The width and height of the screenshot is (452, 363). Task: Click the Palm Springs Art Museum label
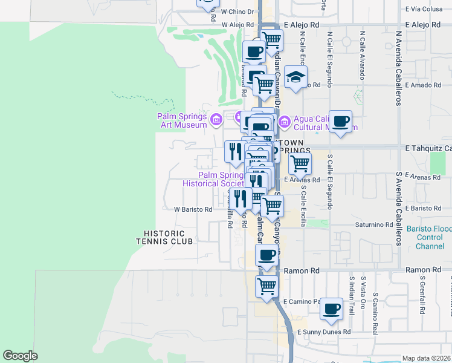pos(181,117)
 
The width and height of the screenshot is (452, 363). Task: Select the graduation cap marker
pos(295,77)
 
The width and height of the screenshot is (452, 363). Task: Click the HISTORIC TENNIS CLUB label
pos(168,237)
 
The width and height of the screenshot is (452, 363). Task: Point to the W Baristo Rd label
pos(193,209)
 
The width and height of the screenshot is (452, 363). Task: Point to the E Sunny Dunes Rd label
pos(324,332)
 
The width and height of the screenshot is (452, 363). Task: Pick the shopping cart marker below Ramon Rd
pos(266,286)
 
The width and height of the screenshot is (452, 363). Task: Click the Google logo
pos(21,355)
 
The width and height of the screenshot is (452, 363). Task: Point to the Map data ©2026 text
pos(426,358)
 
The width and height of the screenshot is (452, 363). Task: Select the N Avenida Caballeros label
pos(398,67)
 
